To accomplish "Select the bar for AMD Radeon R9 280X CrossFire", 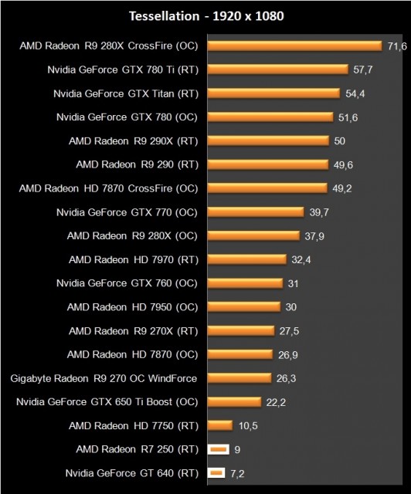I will [295, 46].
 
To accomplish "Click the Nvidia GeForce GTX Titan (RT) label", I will [126, 93].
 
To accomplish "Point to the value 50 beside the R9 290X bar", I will [339, 141].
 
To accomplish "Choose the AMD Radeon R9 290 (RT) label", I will [137, 164].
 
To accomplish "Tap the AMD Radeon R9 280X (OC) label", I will [133, 235].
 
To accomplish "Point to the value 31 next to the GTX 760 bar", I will [294, 283].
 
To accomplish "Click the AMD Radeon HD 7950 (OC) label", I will [134, 306].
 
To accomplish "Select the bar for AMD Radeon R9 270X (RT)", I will [241, 330].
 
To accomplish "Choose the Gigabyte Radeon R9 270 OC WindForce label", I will [104, 378].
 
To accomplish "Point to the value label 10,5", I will [246, 425].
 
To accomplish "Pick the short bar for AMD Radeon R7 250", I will [219, 449].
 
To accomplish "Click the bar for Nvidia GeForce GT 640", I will [216, 472].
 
